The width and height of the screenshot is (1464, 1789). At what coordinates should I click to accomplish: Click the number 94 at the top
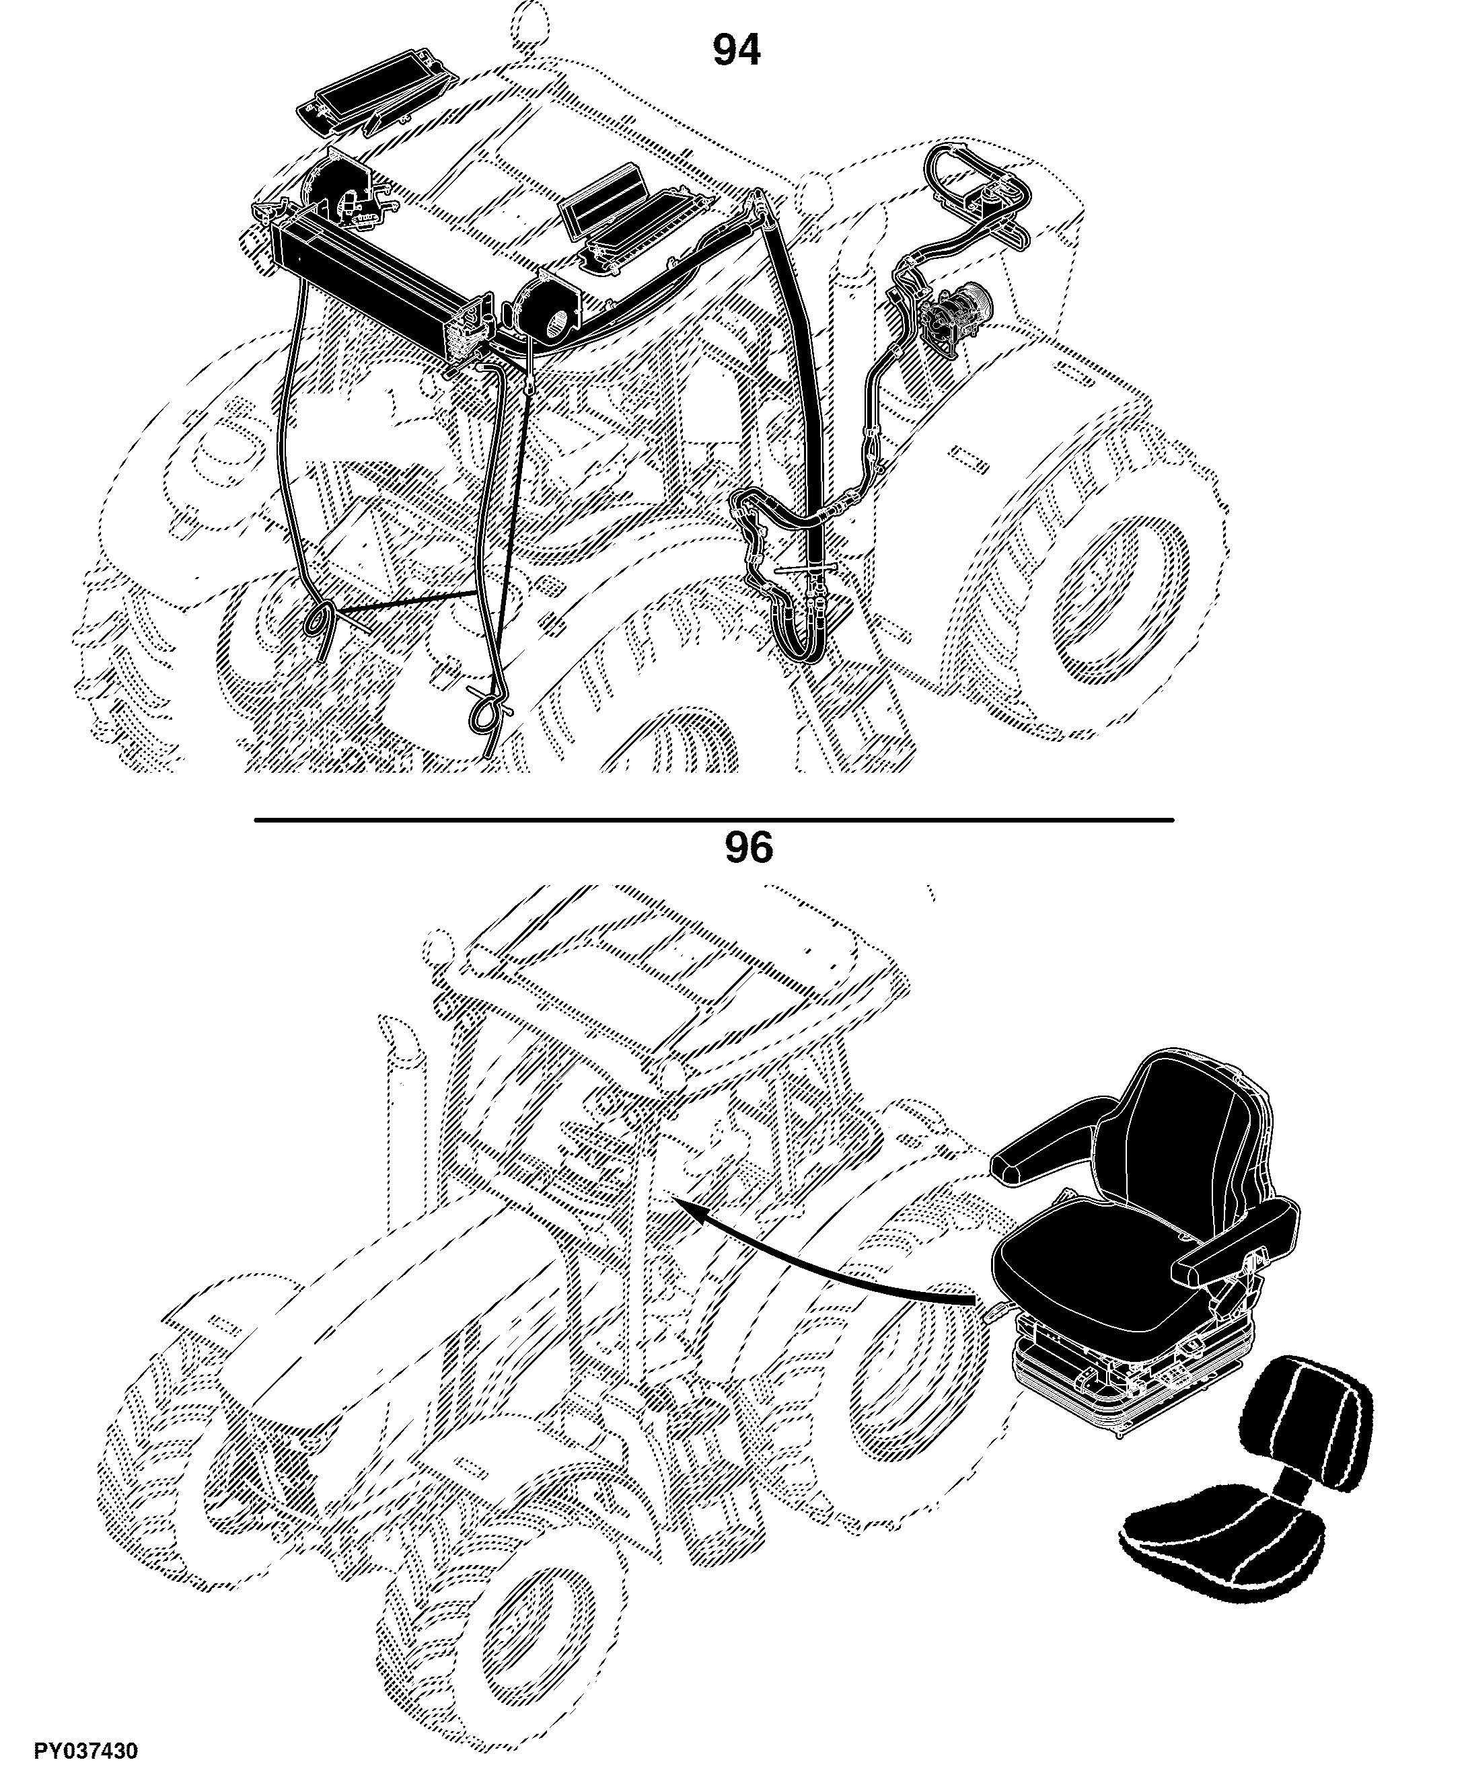[736, 50]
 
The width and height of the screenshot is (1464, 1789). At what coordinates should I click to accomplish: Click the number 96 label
[748, 848]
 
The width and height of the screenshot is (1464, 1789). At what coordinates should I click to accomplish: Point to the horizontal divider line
[713, 819]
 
